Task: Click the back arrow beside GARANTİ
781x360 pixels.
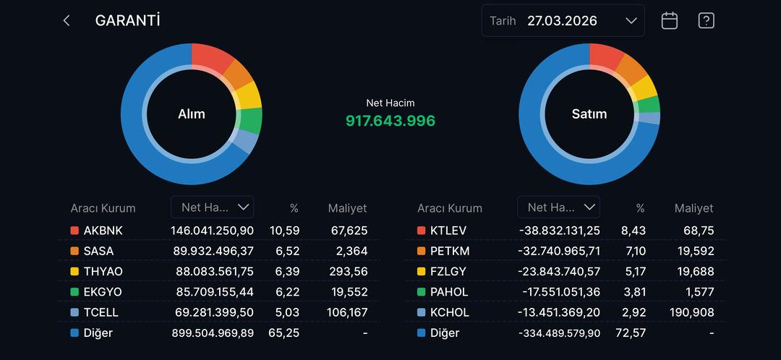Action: pyautogui.click(x=67, y=21)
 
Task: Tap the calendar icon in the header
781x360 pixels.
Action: pyautogui.click(x=670, y=21)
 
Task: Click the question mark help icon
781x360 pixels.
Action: pyautogui.click(x=706, y=21)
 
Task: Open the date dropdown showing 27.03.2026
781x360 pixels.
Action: pyautogui.click(x=563, y=21)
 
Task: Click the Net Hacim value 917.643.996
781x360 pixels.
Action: pyautogui.click(x=390, y=121)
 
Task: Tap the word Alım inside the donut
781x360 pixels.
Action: pyautogui.click(x=192, y=113)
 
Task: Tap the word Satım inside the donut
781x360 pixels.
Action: pyautogui.click(x=589, y=113)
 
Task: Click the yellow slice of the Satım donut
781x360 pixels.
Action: pyautogui.click(x=645, y=88)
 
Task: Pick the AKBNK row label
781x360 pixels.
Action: pyautogui.click(x=103, y=231)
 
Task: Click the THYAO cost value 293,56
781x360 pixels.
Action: pyautogui.click(x=349, y=271)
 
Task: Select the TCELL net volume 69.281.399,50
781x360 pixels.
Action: pyautogui.click(x=212, y=312)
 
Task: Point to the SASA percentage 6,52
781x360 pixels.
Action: pyautogui.click(x=286, y=251)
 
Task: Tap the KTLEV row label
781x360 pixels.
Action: pyautogui.click(x=448, y=231)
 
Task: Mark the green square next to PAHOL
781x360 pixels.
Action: pyautogui.click(x=422, y=292)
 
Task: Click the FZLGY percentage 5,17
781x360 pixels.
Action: pyautogui.click(x=634, y=271)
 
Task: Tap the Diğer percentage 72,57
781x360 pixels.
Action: pyautogui.click(x=631, y=333)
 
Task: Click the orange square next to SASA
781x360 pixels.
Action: pyautogui.click(x=74, y=251)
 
